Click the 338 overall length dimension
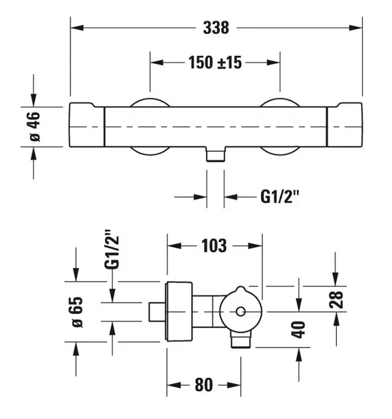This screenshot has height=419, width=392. click(x=216, y=27)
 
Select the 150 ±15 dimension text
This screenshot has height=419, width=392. click(x=215, y=63)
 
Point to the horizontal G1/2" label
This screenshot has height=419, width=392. click(x=280, y=197)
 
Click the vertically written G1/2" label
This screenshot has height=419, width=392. click(x=112, y=249)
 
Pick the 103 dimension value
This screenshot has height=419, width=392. click(x=214, y=246)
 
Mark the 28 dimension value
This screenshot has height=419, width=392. click(x=336, y=299)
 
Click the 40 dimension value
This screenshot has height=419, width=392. click(x=298, y=329)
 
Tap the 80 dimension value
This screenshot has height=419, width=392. click(x=204, y=385)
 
